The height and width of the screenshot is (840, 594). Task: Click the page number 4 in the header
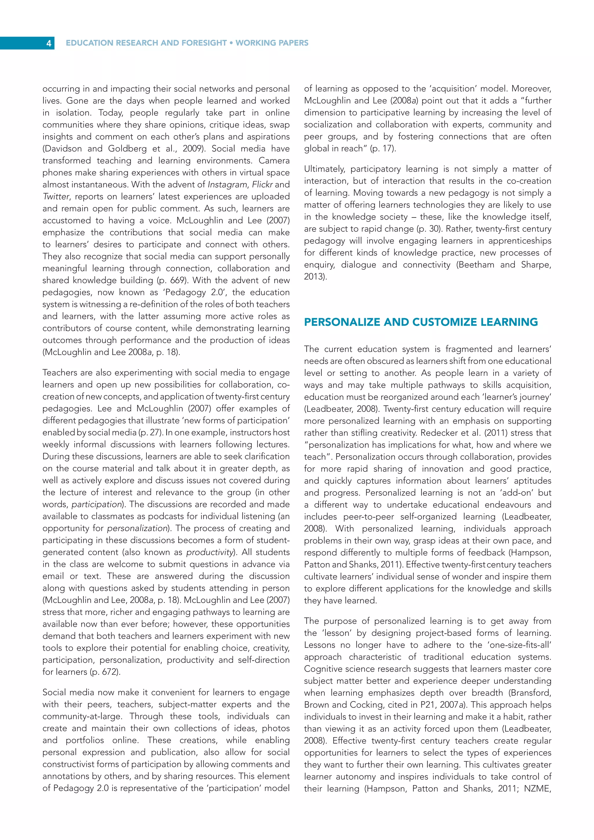49,43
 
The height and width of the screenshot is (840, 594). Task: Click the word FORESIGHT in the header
204,43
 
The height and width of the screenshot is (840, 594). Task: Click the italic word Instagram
227,184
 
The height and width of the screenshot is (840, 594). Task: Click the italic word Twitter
56,196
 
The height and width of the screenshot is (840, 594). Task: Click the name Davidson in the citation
62,149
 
